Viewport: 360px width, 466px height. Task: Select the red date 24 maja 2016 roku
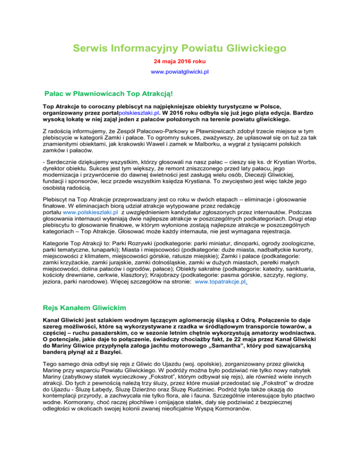(x=180, y=61)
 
